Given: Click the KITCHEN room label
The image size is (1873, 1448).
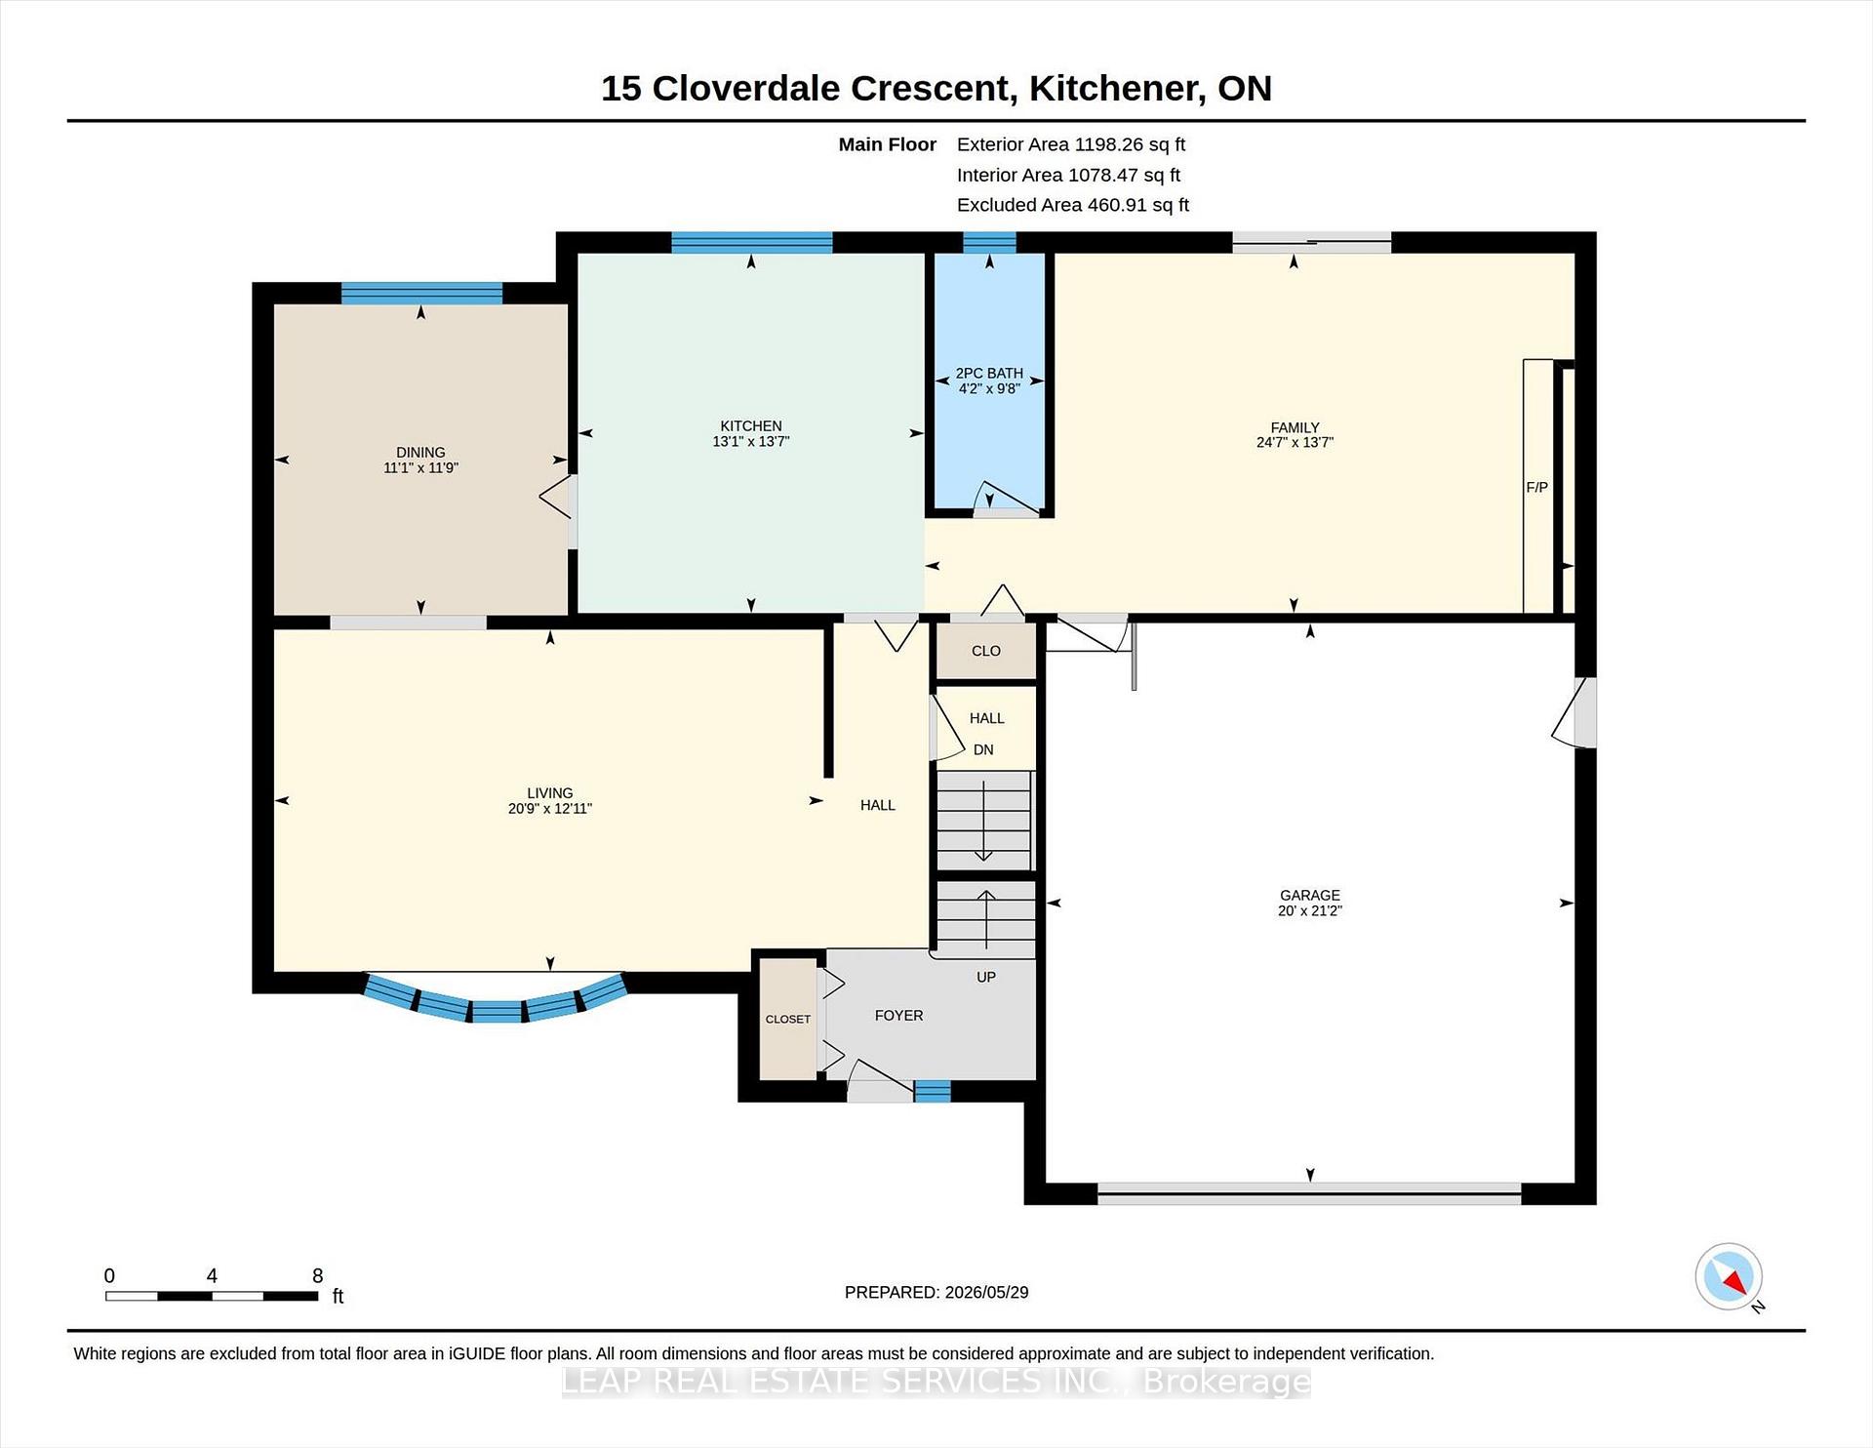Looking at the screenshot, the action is coord(750,425).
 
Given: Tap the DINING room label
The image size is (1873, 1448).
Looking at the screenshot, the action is coord(420,452).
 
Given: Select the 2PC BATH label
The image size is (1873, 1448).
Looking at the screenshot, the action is coord(989,373).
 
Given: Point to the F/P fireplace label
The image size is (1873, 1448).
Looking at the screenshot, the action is coord(1536,487).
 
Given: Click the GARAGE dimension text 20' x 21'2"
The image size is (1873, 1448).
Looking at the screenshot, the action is coord(1310,910).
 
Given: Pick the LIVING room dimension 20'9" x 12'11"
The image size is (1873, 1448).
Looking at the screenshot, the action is coord(550,808).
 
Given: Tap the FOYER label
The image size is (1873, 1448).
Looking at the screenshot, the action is coord(898,1016).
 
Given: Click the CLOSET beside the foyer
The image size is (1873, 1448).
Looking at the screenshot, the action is coord(788,1019).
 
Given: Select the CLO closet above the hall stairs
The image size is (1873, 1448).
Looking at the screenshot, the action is coord(986,651).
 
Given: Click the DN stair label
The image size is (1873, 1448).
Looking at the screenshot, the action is coord(983,749).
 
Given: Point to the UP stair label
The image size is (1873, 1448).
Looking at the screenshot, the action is coord(986,977).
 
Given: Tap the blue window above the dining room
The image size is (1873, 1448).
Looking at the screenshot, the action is coord(421,293).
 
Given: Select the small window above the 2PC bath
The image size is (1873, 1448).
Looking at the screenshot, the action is coord(989,242).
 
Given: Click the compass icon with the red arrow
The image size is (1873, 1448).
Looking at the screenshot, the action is coord(1729,1276).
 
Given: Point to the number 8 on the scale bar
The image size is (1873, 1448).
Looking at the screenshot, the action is coord(318,1275).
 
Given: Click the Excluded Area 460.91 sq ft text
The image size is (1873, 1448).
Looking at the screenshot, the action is coord(1073,205).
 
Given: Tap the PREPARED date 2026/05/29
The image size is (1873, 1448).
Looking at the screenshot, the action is coord(986,1292).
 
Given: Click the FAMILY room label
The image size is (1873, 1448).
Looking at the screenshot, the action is coord(1295,427).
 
